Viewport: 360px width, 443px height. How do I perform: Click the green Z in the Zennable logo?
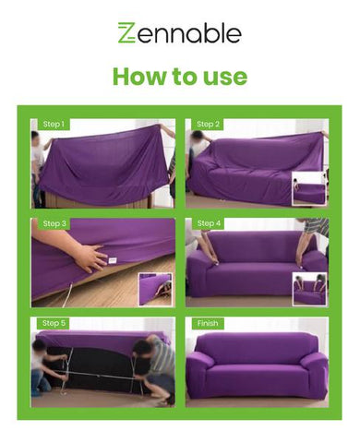click(x=126, y=32)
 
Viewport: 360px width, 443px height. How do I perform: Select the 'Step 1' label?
click(x=54, y=125)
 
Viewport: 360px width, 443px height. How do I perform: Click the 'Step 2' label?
click(x=209, y=125)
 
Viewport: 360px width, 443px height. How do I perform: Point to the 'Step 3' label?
click(x=54, y=223)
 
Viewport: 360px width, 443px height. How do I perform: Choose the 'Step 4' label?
click(x=209, y=223)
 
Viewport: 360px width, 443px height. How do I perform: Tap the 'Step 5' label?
click(x=54, y=323)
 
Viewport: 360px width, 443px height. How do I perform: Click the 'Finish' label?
click(x=208, y=323)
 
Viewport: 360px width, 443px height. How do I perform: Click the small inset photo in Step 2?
click(x=309, y=188)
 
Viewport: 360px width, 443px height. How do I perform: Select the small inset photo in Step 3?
click(x=155, y=289)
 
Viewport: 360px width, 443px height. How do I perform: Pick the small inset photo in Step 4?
click(x=309, y=289)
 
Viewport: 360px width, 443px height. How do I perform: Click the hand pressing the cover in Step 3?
click(x=90, y=258)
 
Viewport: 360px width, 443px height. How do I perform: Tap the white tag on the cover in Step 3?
click(x=112, y=260)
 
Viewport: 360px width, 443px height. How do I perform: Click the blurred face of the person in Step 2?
click(x=197, y=137)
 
